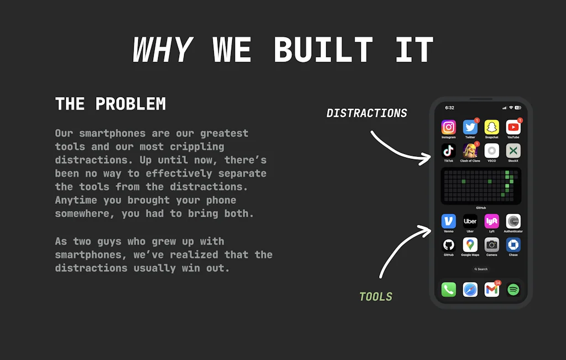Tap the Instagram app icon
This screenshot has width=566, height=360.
click(x=448, y=127)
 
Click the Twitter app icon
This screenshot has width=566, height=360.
click(x=470, y=127)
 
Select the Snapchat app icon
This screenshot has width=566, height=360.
click(x=491, y=127)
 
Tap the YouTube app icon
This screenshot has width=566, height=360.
click(x=513, y=127)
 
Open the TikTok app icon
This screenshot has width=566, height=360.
click(x=448, y=151)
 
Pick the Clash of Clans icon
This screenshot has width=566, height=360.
click(x=470, y=151)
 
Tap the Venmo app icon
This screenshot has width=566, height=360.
click(x=448, y=221)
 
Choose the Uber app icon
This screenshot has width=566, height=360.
click(x=470, y=221)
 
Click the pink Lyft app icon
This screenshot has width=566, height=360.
click(x=491, y=221)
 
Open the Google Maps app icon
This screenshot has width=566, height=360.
click(x=470, y=245)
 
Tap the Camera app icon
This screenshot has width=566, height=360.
click(x=491, y=245)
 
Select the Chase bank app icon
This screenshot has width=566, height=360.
click(x=513, y=245)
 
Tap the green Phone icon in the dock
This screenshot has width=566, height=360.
click(x=448, y=290)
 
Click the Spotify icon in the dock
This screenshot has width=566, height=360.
click(x=513, y=290)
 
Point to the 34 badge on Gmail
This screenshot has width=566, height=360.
click(x=498, y=283)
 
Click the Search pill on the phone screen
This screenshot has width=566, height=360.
click(x=481, y=269)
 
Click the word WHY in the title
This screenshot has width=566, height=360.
click(x=162, y=49)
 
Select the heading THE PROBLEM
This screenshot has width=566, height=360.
click(x=111, y=104)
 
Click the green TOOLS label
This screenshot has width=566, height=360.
click(x=376, y=297)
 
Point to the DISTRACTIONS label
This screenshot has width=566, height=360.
click(x=367, y=113)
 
